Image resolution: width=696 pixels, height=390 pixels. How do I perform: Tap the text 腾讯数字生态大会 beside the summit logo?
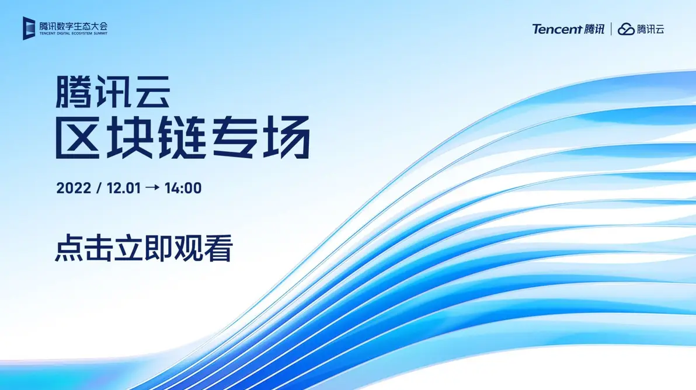click(x=74, y=26)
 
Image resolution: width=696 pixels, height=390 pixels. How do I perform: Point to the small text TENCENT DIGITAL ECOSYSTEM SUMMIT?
click(x=74, y=34)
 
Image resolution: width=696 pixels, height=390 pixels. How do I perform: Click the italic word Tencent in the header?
click(x=556, y=29)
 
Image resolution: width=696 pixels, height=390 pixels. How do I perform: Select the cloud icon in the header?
click(x=626, y=29)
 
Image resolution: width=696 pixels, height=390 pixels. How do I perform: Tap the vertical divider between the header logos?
click(x=611, y=29)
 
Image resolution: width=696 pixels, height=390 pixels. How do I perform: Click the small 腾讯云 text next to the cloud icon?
click(x=650, y=29)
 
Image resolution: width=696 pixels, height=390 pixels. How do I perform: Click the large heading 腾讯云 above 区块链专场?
click(x=113, y=93)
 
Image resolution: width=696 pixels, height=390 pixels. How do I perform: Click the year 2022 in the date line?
click(x=74, y=188)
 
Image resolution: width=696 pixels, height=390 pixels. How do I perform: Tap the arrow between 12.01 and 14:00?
click(x=152, y=188)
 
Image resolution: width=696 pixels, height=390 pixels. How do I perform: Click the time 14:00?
click(x=183, y=188)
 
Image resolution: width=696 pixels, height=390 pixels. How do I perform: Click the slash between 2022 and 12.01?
click(x=99, y=188)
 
